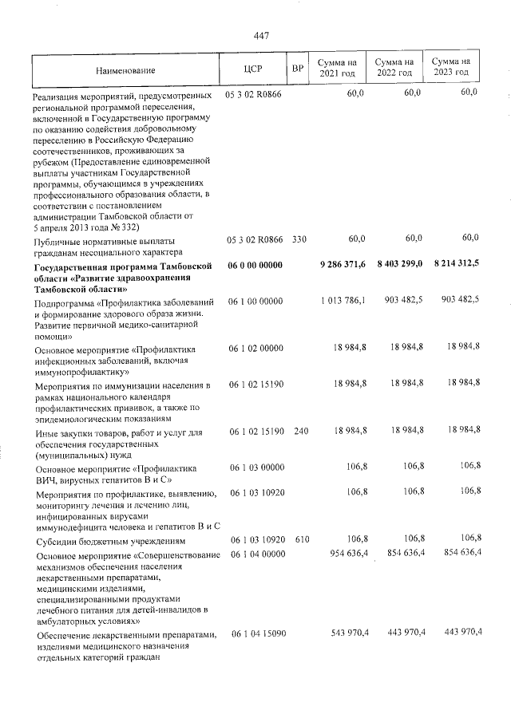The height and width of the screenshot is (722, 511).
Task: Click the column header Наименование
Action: (x=122, y=71)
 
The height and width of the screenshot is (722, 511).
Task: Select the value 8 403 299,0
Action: (x=398, y=265)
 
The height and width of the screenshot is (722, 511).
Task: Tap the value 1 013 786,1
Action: (x=342, y=300)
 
